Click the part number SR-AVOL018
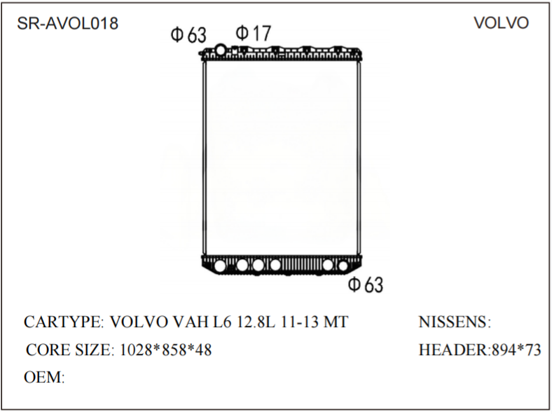point(67,23)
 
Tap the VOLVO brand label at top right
point(501,23)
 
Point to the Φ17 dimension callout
point(253,32)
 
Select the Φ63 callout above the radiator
point(188,34)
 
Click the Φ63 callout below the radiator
point(366,284)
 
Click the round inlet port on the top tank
point(220,50)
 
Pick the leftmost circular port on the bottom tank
point(221,265)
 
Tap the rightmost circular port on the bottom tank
point(343,265)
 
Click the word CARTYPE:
point(64,322)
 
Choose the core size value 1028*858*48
point(164,350)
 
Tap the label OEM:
point(44,378)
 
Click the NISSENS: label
point(455,322)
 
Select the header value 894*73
point(515,350)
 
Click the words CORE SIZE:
point(69,350)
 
